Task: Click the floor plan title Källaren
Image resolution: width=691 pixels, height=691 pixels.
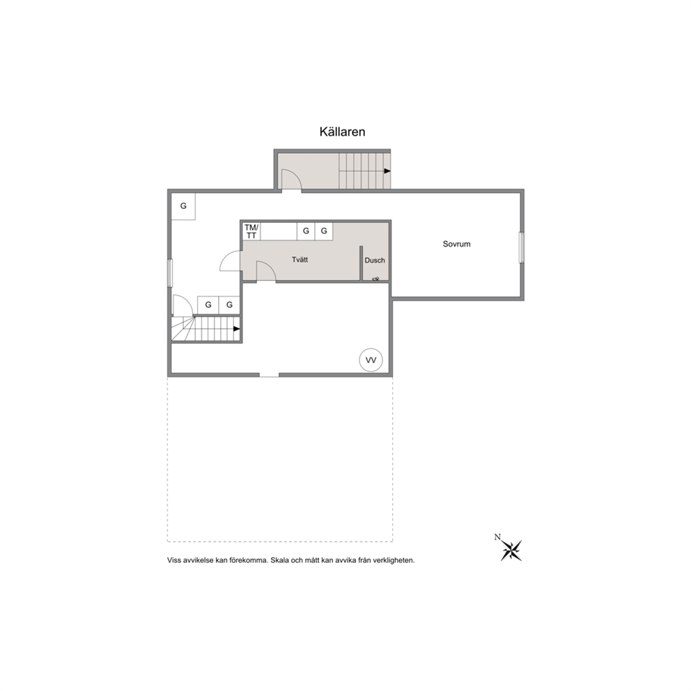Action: click(343, 132)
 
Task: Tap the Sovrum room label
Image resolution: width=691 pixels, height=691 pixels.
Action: click(456, 244)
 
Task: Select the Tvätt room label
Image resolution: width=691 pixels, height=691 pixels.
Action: click(300, 260)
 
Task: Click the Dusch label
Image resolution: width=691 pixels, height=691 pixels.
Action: click(375, 260)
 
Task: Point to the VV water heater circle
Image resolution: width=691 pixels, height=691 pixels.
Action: click(371, 360)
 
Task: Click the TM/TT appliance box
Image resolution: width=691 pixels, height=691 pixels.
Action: click(251, 231)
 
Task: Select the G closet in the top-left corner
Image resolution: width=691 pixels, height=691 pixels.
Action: click(183, 206)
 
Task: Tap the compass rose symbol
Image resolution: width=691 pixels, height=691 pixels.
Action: click(511, 550)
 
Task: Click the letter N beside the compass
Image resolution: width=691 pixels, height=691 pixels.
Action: click(497, 537)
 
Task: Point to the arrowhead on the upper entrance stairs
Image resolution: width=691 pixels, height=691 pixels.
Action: click(387, 171)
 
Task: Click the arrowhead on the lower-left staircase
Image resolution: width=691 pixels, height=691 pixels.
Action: click(237, 329)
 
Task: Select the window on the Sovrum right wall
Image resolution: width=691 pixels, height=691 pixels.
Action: click(522, 248)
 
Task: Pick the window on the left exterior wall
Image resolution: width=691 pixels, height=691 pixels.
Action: click(170, 273)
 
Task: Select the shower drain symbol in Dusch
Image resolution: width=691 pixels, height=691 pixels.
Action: click(376, 279)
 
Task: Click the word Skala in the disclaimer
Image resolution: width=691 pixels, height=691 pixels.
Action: click(279, 561)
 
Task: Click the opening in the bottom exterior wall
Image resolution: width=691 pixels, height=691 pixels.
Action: click(270, 375)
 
